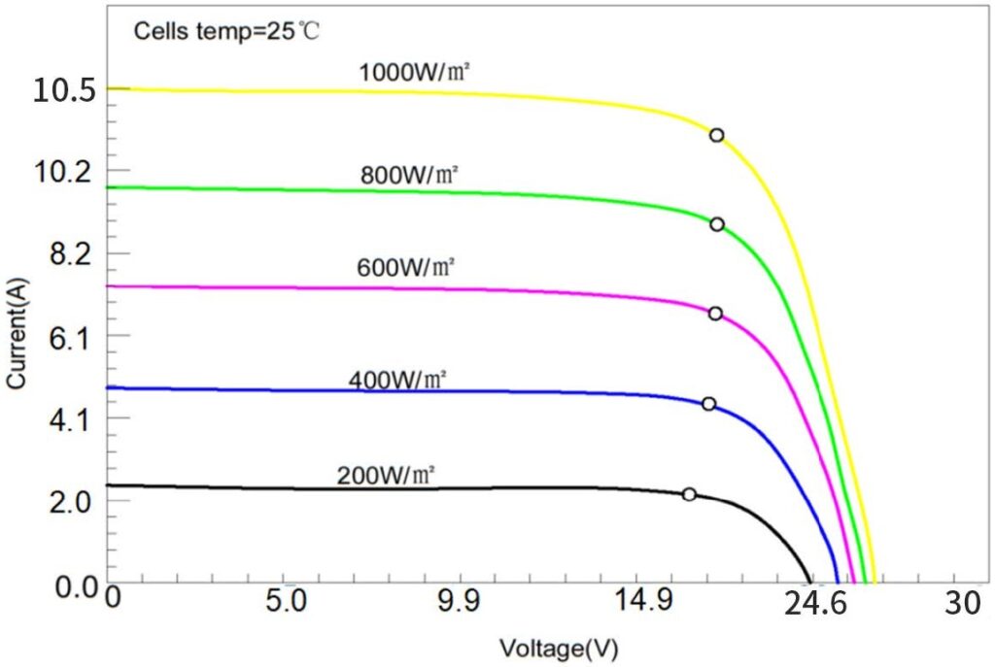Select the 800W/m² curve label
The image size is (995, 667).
pos(409,175)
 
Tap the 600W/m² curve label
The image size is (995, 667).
pos(405,267)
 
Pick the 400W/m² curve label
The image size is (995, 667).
pos(397,380)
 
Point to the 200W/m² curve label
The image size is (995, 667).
pos(386,476)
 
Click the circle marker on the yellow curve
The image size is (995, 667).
pos(716,135)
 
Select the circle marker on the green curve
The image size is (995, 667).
pos(716,224)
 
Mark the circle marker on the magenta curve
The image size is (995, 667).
pos(715,314)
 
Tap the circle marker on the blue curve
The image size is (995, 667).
pos(708,404)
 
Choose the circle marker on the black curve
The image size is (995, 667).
pos(689,494)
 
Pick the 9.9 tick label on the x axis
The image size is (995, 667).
pos(459,604)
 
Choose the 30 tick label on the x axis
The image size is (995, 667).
pos(963,604)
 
